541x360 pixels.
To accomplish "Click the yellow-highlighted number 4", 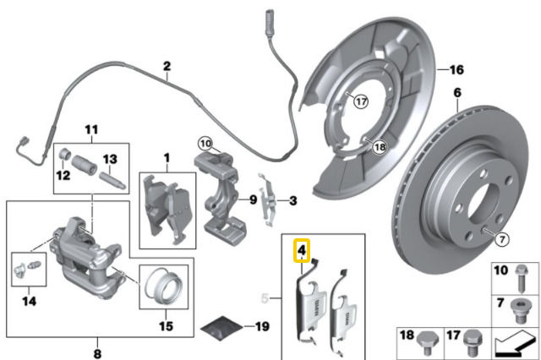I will tap(302, 250).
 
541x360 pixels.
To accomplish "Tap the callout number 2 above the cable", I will tap(167, 66).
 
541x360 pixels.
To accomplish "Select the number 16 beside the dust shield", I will tap(456, 68).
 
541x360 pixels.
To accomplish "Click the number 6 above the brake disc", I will tap(456, 92).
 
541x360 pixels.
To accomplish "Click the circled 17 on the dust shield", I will tap(361, 101).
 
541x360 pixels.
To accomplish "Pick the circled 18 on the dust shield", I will tap(379, 146).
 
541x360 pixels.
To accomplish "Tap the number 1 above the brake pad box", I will tap(167, 157).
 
